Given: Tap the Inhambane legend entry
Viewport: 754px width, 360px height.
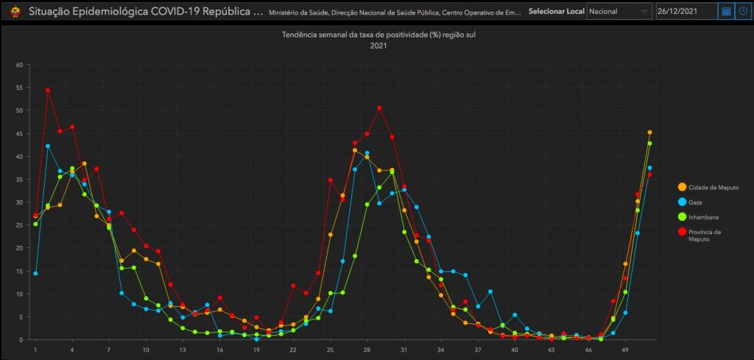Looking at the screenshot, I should pyautogui.click(x=705, y=216).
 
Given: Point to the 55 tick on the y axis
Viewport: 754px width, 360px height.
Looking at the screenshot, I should pyautogui.click(x=19, y=87).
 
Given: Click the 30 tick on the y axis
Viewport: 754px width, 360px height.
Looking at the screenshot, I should pyautogui.click(x=19, y=202).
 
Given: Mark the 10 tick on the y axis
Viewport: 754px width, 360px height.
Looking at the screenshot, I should pyautogui.click(x=19, y=294).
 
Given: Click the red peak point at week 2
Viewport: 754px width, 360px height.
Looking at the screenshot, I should pyautogui.click(x=48, y=90).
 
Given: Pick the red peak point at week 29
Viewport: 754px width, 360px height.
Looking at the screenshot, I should pyautogui.click(x=379, y=107).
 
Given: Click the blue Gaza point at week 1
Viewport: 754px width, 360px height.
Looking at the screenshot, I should pyautogui.click(x=35, y=273).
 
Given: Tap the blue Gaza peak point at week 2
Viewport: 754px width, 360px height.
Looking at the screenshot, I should pyautogui.click(x=48, y=146).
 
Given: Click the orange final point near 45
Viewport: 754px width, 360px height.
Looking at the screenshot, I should pyautogui.click(x=649, y=133).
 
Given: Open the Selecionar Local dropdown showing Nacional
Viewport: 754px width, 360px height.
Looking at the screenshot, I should pyautogui.click(x=619, y=12).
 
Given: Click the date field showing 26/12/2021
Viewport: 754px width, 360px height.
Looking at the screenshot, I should pyautogui.click(x=685, y=12).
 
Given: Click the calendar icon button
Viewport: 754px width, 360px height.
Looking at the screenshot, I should pyautogui.click(x=725, y=12).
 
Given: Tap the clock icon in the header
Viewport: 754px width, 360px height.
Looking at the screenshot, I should pyautogui.click(x=743, y=12).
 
